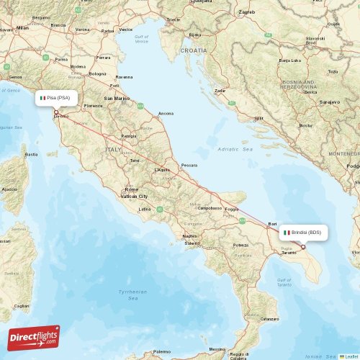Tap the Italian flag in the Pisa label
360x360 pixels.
43,97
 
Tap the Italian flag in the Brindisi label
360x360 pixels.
287,233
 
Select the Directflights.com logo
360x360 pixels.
34,338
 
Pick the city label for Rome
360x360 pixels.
131,189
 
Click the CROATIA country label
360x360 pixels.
193,51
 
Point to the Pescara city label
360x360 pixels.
189,166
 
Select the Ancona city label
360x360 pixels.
166,113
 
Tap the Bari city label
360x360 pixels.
272,224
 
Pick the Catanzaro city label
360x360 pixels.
269,318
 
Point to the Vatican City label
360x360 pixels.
133,196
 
